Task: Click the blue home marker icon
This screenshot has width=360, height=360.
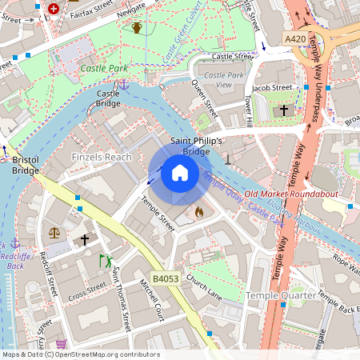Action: (x=180, y=173)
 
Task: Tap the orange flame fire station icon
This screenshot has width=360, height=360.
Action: (x=199, y=213)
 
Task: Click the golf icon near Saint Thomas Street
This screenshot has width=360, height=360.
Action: (x=105, y=261)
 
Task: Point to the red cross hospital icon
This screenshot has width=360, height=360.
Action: (x=54, y=9)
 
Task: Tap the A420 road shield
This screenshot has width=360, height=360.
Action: (x=294, y=38)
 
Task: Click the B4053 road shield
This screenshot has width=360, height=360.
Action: (x=165, y=278)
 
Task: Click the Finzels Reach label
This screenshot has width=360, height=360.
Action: (x=102, y=157)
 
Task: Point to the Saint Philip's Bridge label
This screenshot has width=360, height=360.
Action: (x=196, y=146)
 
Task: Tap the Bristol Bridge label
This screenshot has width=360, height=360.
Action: (x=26, y=166)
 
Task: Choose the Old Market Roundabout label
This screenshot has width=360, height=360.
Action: (x=292, y=194)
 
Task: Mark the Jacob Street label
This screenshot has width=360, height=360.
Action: (x=272, y=87)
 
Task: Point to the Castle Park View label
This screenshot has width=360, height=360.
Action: (x=224, y=80)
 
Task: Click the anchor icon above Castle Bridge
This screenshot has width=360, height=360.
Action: (x=124, y=83)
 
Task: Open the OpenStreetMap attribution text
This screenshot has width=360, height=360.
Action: (x=80, y=354)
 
